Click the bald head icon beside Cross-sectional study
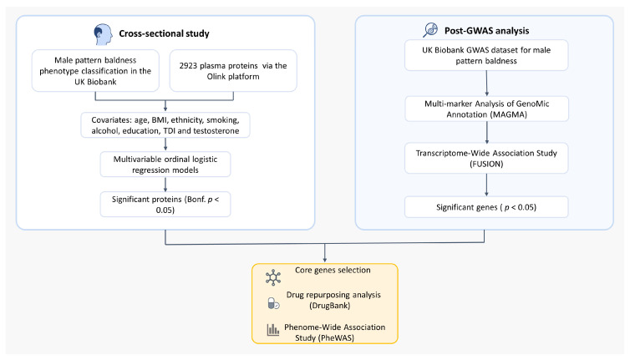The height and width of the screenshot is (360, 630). (x=103, y=34)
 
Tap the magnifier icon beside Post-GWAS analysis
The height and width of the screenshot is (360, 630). (x=430, y=30)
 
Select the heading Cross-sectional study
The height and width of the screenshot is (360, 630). (x=164, y=33)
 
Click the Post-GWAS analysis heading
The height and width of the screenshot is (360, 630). (x=486, y=31)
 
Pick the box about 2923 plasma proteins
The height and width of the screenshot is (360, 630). (x=233, y=71)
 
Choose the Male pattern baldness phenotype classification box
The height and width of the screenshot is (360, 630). (x=95, y=71)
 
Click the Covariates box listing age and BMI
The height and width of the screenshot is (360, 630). (x=165, y=125)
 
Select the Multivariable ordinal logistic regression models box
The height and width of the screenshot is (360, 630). (x=165, y=165)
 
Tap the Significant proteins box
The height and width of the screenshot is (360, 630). (x=165, y=205)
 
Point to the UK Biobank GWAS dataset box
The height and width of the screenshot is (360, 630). (x=486, y=55)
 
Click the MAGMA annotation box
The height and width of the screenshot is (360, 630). (x=486, y=109)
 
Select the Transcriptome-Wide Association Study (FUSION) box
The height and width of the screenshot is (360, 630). (x=486, y=159)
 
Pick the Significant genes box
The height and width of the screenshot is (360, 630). (x=486, y=207)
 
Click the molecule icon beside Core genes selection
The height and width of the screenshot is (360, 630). (x=273, y=277)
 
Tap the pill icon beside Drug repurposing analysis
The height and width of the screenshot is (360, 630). (x=273, y=303)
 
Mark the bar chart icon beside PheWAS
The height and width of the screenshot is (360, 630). (x=273, y=330)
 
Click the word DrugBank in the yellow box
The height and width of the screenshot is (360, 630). (x=330, y=306)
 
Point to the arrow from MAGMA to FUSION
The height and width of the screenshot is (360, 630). (x=487, y=132)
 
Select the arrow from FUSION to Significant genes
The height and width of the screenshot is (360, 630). (x=486, y=185)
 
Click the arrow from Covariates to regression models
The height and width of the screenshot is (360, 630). (x=165, y=145)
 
